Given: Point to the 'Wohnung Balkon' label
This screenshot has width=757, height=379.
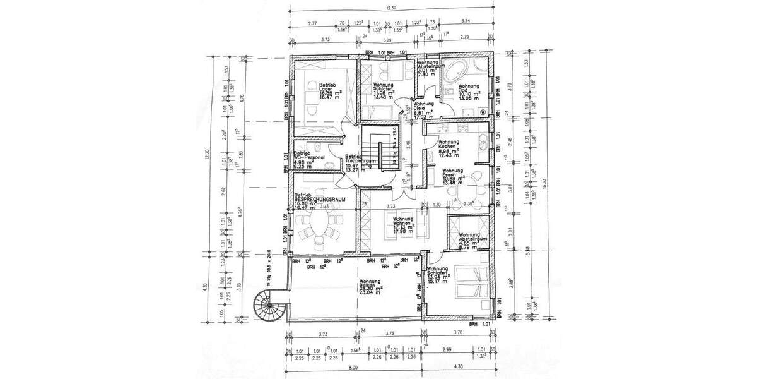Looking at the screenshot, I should point(370,284).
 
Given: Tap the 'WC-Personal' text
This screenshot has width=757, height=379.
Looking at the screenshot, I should point(309,157).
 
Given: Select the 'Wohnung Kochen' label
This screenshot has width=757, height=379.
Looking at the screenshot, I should point(452,145).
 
